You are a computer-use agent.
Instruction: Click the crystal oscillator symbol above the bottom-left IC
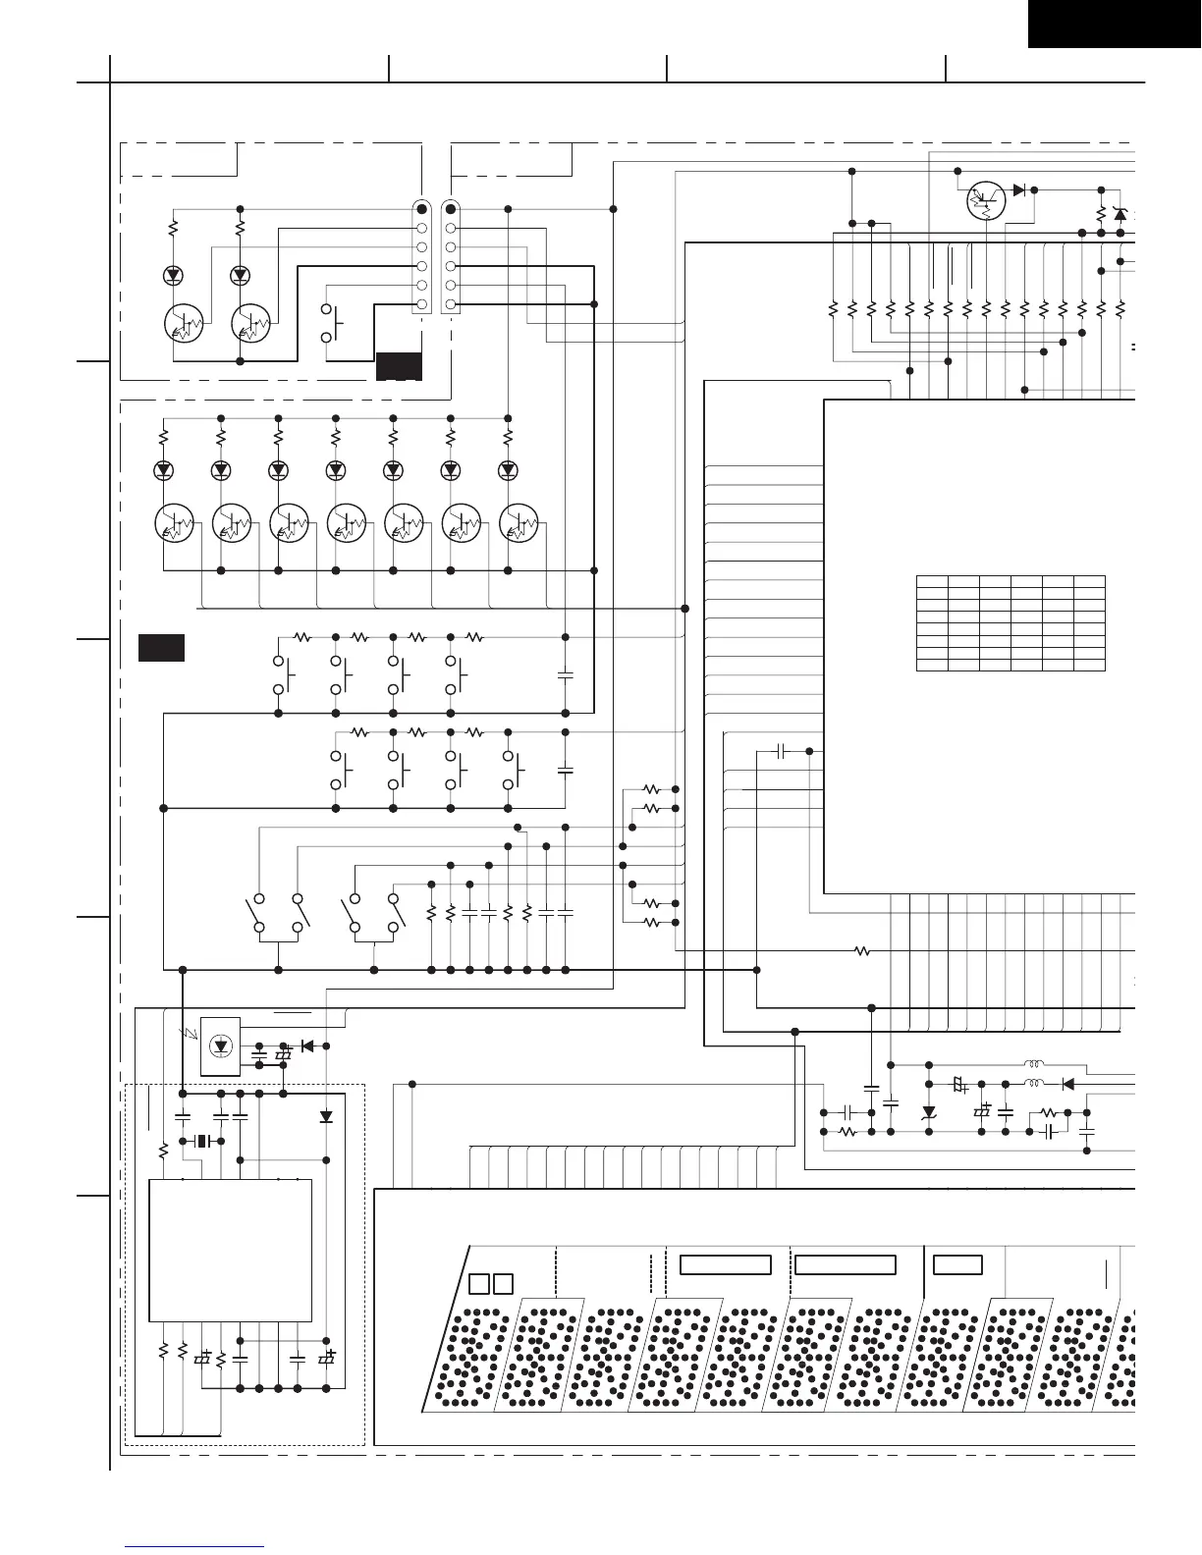(203, 1141)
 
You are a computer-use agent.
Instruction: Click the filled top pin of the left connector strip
(421, 209)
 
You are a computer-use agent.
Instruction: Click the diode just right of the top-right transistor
(1020, 189)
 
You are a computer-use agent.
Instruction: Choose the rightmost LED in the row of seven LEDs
(508, 470)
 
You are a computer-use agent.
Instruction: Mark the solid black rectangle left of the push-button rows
(161, 648)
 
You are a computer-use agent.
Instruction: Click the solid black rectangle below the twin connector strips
(399, 365)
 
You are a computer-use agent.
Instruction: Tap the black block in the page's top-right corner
(1115, 24)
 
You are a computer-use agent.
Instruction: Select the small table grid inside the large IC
(1011, 622)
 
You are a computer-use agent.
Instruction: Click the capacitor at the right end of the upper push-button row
(565, 674)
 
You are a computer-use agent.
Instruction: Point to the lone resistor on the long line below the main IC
(861, 950)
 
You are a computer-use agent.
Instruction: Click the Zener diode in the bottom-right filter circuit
(929, 1112)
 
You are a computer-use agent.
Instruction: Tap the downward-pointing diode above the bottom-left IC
(326, 1116)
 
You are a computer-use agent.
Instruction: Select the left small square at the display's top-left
(478, 1283)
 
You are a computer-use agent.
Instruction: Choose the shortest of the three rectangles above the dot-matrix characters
(957, 1264)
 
